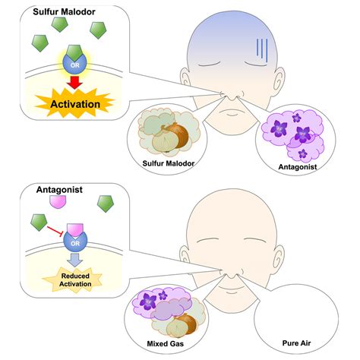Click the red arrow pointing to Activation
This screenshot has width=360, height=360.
tap(74, 82)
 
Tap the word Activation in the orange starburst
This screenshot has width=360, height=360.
tap(75, 104)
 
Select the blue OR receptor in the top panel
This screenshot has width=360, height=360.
tap(74, 63)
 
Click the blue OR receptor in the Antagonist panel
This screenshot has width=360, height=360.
tap(75, 241)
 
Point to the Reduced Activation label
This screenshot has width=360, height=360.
tap(75, 279)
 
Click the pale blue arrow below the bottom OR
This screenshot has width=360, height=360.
tap(75, 260)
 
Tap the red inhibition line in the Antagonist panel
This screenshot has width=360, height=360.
tap(55, 231)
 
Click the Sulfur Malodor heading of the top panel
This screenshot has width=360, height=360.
tap(64, 11)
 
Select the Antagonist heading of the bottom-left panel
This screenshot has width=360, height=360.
tap(59, 190)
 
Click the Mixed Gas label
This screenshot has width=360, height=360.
tap(166, 343)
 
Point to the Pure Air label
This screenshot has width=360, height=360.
tap(296, 343)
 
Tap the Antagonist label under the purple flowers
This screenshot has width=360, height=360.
tap(298, 166)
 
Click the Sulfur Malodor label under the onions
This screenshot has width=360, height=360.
tap(169, 163)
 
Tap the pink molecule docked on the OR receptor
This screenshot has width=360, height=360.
tap(75, 230)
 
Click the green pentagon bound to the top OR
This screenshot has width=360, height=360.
tap(74, 52)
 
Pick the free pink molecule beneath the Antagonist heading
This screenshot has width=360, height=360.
tap(58, 202)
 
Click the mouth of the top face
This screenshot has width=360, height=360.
tap(232, 112)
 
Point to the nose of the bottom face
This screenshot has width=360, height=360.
tap(231, 273)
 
